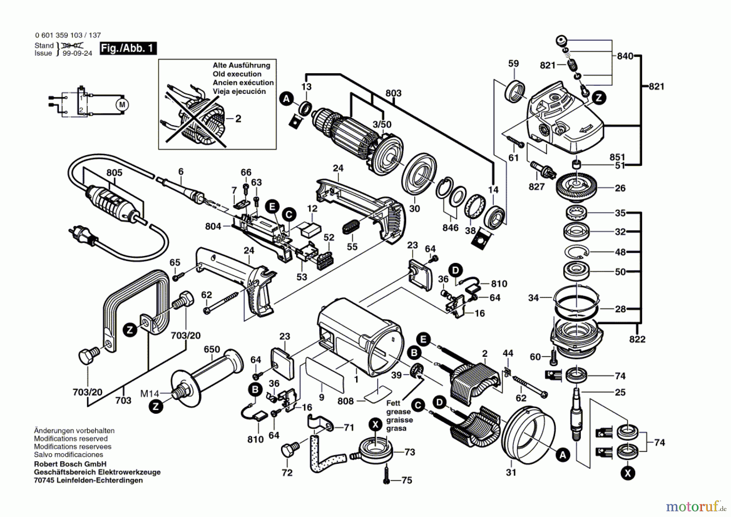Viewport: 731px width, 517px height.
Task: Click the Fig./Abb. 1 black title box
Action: coord(128,48)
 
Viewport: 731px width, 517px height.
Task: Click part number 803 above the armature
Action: coord(393,93)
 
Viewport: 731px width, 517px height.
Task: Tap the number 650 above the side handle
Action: coord(212,350)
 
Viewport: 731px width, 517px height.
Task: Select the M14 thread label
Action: coord(149,393)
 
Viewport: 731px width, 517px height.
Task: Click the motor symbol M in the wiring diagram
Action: coord(122,105)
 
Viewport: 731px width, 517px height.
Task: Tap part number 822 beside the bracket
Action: coord(637,339)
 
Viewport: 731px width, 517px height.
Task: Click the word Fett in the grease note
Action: coord(393,403)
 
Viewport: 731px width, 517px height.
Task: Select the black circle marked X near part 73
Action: coord(376,425)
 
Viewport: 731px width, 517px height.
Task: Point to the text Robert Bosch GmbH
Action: coord(70,464)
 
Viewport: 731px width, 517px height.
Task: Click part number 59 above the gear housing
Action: coord(513,63)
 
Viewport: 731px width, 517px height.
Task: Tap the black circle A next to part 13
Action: coord(287,98)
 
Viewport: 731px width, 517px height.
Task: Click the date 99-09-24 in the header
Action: coord(77,53)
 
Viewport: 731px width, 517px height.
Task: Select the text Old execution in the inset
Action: coord(237,74)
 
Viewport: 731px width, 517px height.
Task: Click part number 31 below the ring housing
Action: coord(511,472)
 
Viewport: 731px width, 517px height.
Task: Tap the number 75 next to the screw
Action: coord(407,480)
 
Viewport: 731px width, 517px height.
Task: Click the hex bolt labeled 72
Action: coord(289,450)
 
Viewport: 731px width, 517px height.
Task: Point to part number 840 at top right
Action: coord(625,56)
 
